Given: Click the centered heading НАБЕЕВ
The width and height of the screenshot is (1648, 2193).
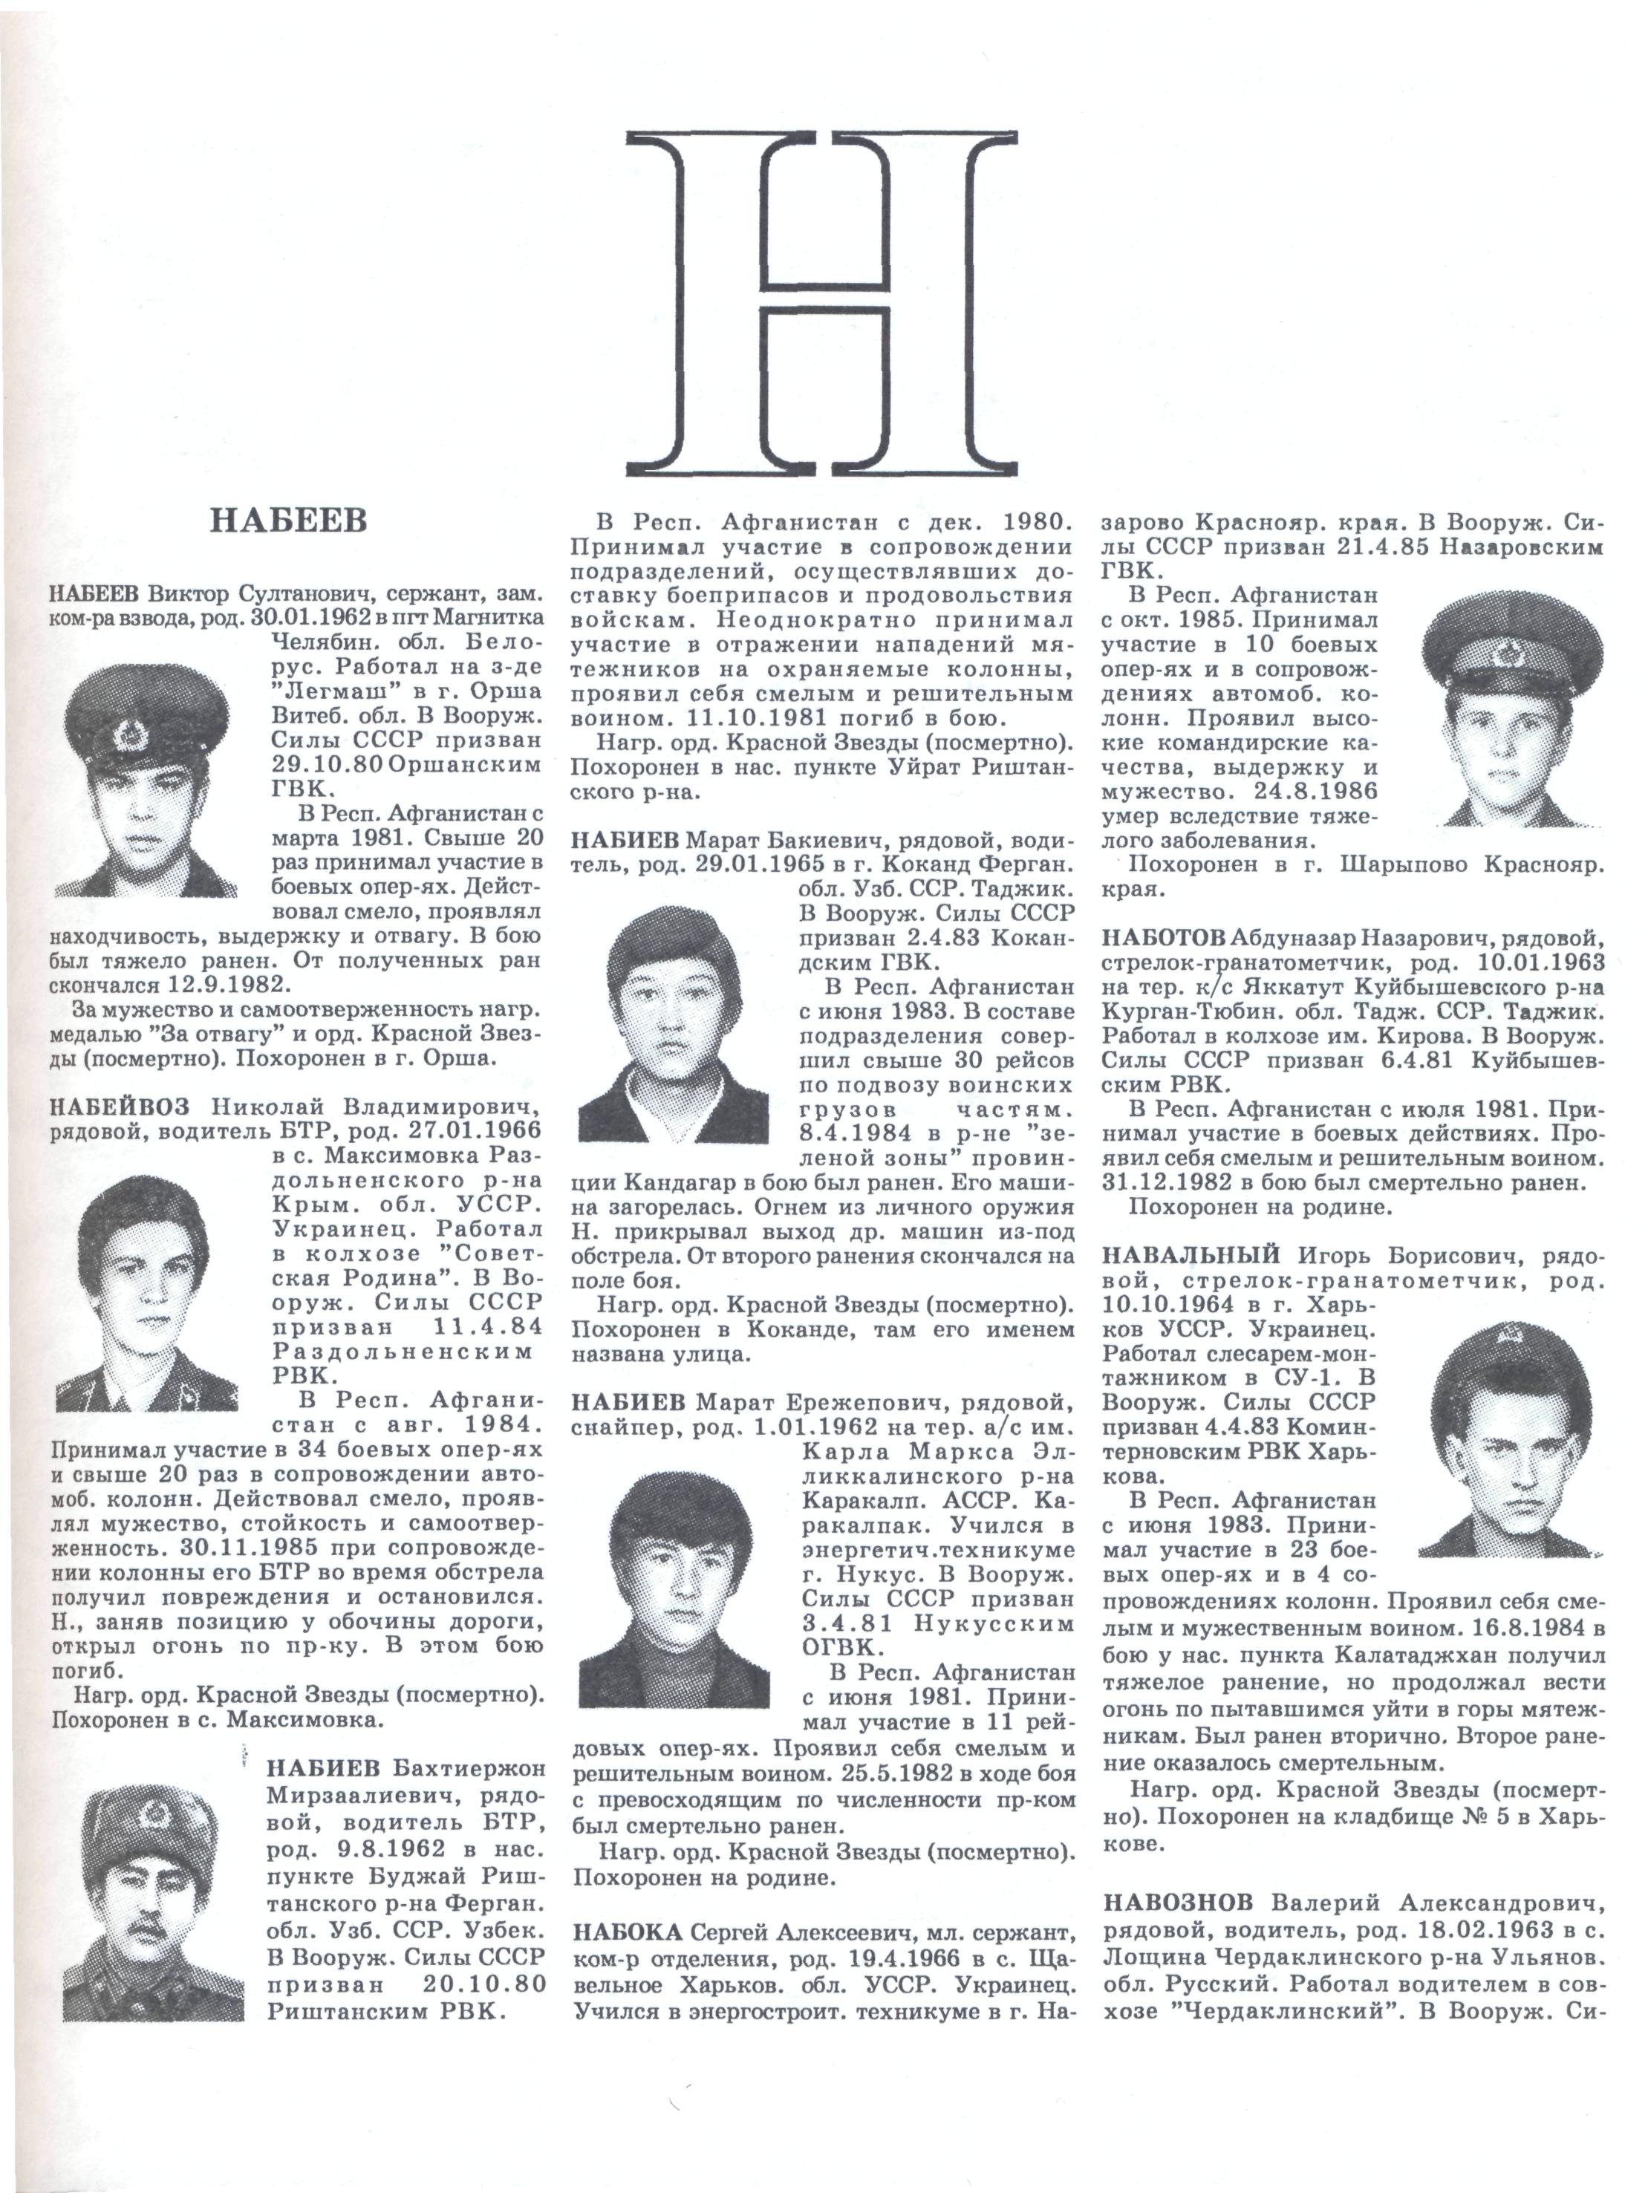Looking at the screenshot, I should click(x=289, y=521).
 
